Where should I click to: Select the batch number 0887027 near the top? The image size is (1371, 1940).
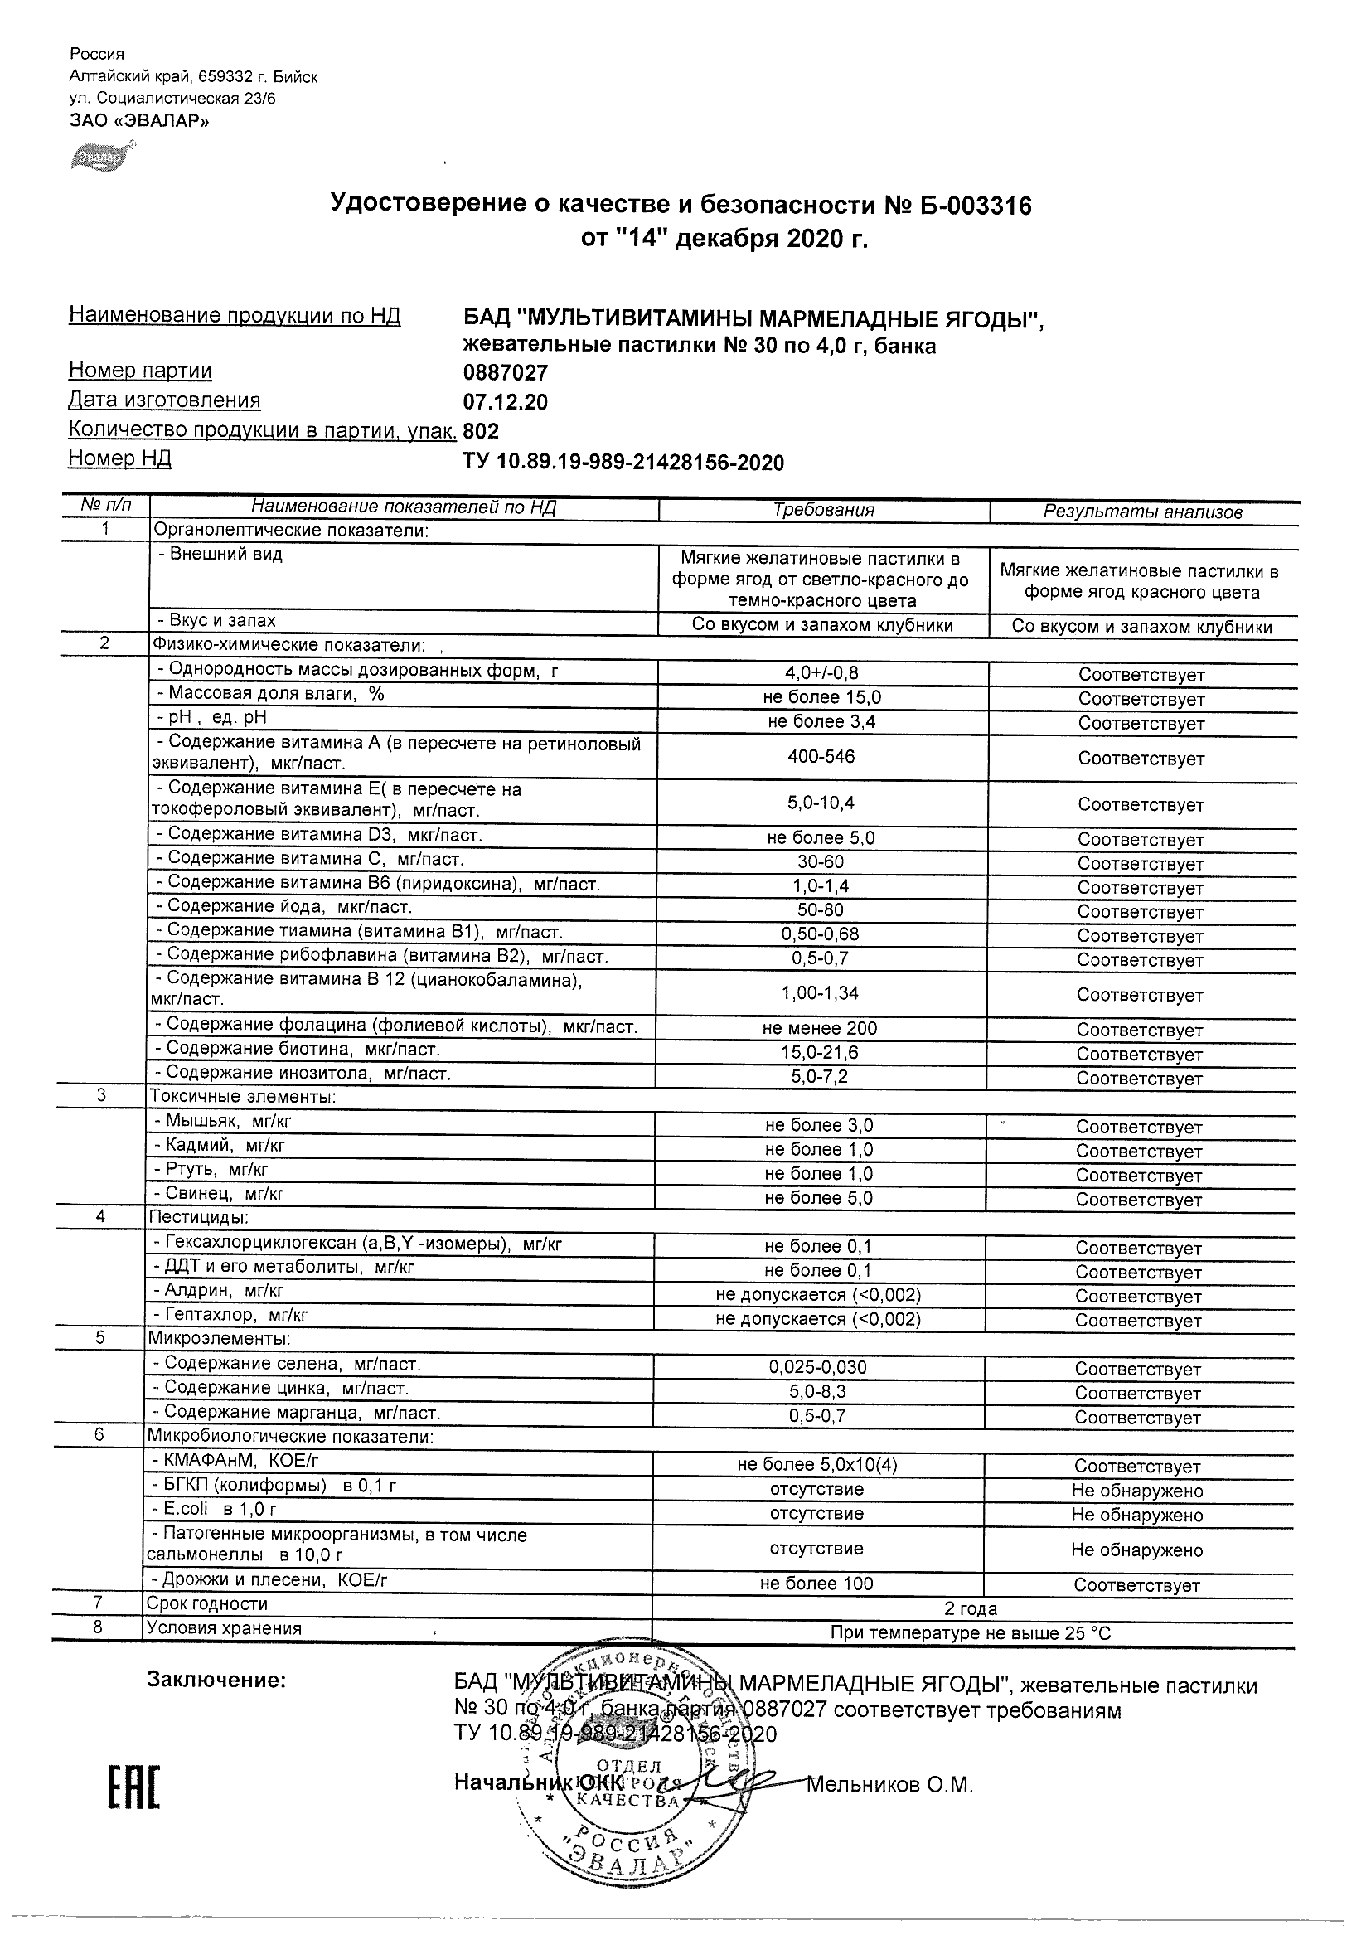point(506,372)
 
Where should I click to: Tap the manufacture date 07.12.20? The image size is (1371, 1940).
point(506,402)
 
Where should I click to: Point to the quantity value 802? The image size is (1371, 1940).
point(482,432)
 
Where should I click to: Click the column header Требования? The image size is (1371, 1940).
point(824,510)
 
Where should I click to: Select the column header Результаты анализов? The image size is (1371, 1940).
point(1143,512)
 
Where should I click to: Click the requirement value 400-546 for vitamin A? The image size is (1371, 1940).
point(821,756)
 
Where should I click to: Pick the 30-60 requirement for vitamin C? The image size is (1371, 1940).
point(821,862)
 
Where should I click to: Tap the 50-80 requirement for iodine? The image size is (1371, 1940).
point(821,910)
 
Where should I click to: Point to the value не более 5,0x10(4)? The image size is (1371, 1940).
point(816,1464)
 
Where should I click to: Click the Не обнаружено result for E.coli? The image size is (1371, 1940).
point(1137,1514)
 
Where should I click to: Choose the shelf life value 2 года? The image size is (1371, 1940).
point(972,1608)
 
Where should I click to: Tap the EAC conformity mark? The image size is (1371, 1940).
point(133,1789)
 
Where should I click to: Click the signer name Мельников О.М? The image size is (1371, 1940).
point(890,1784)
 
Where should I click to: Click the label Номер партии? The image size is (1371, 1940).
point(140,371)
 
